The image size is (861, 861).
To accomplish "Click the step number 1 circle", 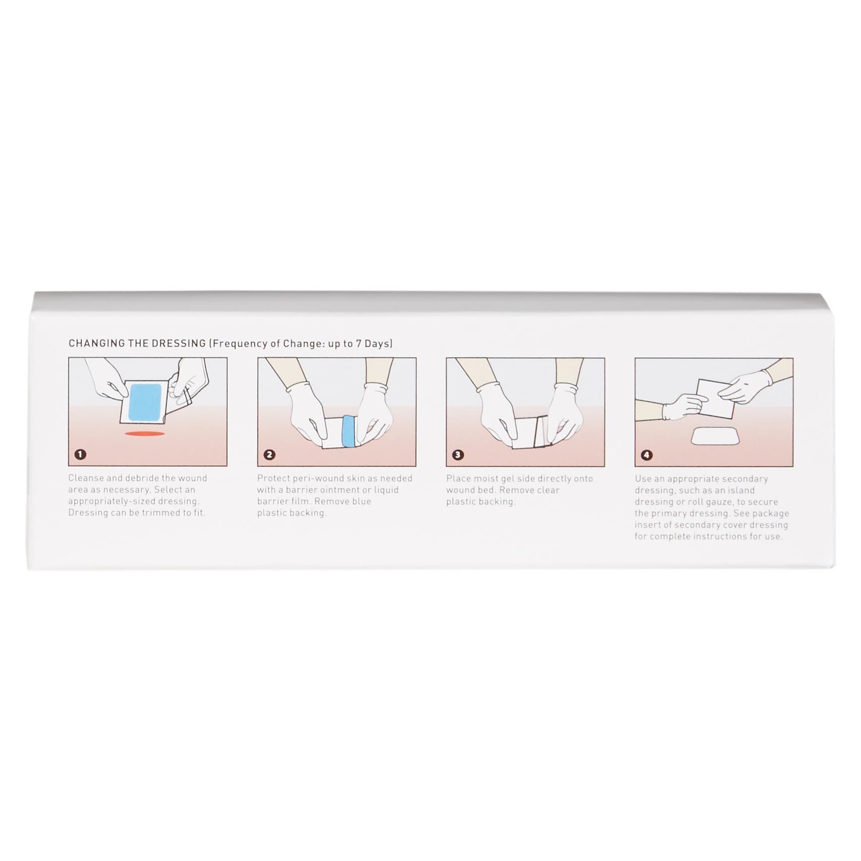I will click(x=80, y=454).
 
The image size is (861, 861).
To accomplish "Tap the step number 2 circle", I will click(x=269, y=455).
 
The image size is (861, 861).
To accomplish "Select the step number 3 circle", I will click(x=458, y=455).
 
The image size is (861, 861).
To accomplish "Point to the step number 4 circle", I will click(x=647, y=455).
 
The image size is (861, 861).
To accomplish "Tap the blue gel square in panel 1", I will click(x=145, y=402).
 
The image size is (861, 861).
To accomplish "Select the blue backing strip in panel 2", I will click(x=348, y=432).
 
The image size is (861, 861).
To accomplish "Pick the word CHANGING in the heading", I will click(x=90, y=343).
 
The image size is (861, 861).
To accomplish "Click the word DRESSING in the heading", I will click(x=179, y=343).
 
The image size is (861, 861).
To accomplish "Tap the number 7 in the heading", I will click(x=358, y=343).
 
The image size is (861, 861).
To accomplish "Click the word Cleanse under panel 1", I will click(x=86, y=478).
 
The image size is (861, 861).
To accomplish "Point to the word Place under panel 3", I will click(x=458, y=478).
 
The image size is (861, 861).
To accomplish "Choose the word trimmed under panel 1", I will click(x=155, y=513).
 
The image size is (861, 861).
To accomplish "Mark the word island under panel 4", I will click(x=741, y=490).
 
